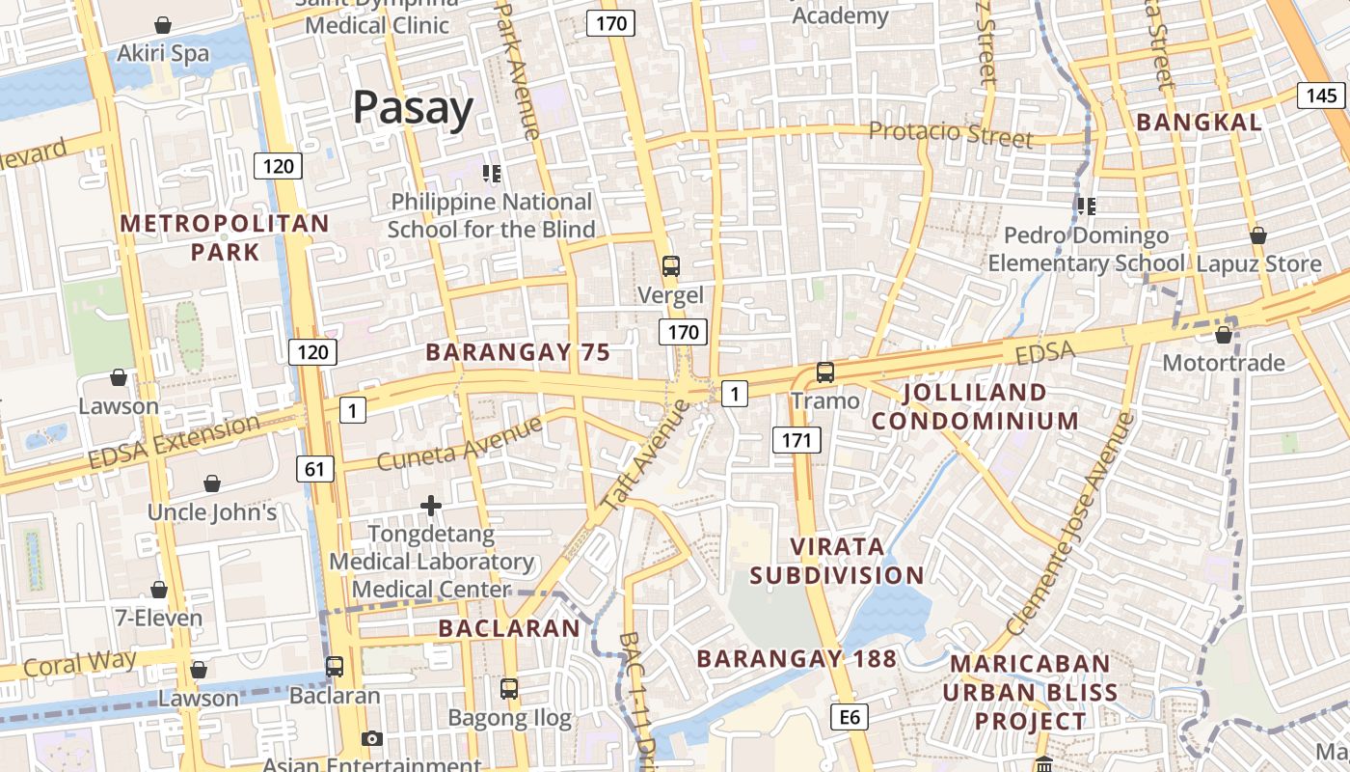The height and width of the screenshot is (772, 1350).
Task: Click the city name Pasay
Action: tap(413, 108)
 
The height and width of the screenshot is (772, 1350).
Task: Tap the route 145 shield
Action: tap(1322, 95)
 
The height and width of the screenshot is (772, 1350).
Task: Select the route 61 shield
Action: tap(314, 469)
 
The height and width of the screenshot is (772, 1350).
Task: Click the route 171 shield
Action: tap(796, 440)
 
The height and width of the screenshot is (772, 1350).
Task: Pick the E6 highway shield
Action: tap(850, 716)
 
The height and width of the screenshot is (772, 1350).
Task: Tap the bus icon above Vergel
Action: tap(670, 266)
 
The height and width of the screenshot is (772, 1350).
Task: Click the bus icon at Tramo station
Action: tap(824, 372)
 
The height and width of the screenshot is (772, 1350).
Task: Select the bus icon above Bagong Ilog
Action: tap(509, 689)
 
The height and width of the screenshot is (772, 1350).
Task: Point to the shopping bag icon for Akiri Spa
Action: tap(163, 24)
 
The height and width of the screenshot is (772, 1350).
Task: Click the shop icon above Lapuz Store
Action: tap(1257, 235)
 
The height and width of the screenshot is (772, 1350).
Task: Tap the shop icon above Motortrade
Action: tap(1224, 335)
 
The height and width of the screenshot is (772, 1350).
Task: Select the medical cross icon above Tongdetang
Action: tap(431, 505)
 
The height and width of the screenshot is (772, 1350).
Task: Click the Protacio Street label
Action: tap(951, 132)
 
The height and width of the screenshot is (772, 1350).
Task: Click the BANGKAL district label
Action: tap(1199, 123)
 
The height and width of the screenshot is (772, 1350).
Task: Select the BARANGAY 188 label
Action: tap(796, 659)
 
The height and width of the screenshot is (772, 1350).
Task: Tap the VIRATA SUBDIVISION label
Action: tap(837, 561)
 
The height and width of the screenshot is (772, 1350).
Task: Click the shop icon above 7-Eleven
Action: tap(159, 590)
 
